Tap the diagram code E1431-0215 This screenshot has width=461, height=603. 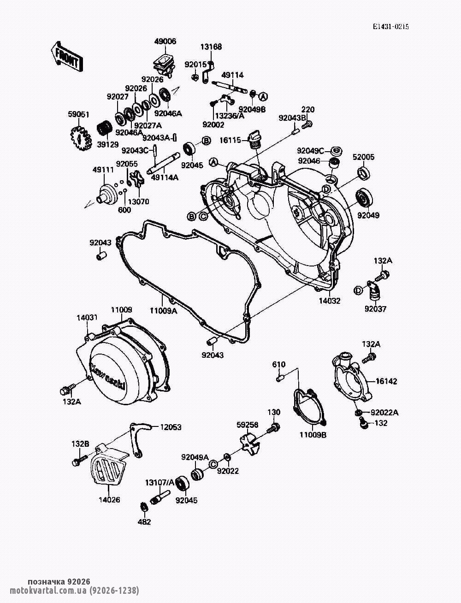click(x=390, y=27)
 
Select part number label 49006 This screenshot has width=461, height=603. click(x=165, y=41)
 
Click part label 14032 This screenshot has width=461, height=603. click(x=330, y=301)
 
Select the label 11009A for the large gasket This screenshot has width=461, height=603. click(x=164, y=311)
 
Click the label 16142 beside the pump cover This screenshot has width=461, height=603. click(x=386, y=381)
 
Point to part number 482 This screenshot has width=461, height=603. click(x=144, y=521)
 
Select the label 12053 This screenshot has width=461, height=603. click(x=171, y=427)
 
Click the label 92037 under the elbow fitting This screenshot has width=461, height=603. click(x=375, y=309)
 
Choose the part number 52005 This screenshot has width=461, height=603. click(x=363, y=157)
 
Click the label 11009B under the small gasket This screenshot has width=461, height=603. click(x=313, y=435)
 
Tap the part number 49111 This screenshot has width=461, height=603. click(x=103, y=170)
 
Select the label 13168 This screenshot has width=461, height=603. click(x=211, y=47)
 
